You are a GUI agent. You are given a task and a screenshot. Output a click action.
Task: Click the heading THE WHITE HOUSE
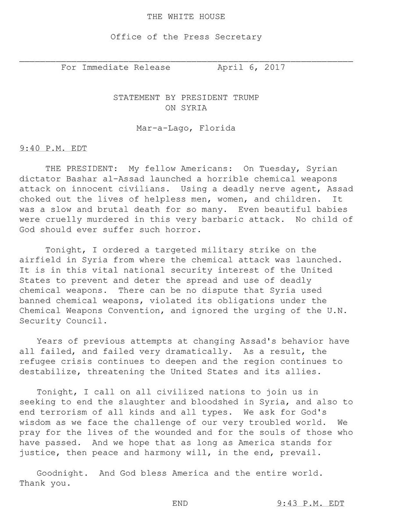pos(186,17)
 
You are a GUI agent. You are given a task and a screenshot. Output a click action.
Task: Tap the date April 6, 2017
pos(251,68)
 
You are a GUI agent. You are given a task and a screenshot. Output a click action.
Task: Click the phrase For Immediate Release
pos(116,68)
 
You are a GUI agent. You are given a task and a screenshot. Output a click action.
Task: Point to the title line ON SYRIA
pos(186,107)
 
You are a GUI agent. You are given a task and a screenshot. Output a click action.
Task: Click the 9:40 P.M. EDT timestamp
pos(53,148)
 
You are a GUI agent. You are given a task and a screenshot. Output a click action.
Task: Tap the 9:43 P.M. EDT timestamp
pos(310,504)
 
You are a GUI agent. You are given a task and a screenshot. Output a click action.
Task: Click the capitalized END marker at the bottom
pos(180,504)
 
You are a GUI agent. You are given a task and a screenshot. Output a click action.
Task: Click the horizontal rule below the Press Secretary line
pos(186,60)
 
